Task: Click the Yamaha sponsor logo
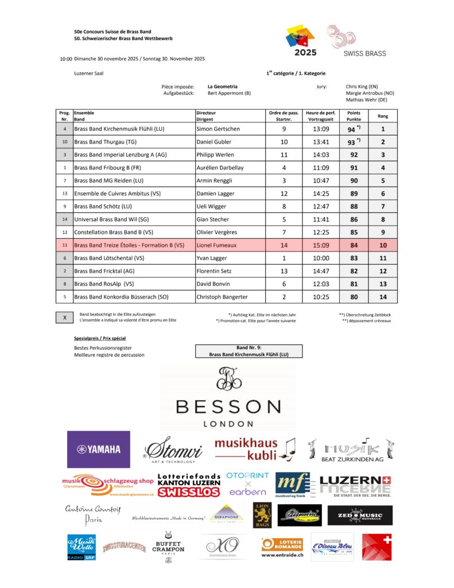coord(99,449)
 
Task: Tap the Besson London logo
coord(228,398)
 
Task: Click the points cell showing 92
coord(354,154)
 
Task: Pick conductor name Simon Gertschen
coord(219,129)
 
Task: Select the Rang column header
coord(383,116)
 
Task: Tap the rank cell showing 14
coord(383,297)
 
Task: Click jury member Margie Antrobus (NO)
coord(370,93)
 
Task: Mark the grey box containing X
coord(65,318)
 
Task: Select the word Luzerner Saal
coord(89,73)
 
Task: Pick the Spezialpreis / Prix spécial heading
coord(100,338)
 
